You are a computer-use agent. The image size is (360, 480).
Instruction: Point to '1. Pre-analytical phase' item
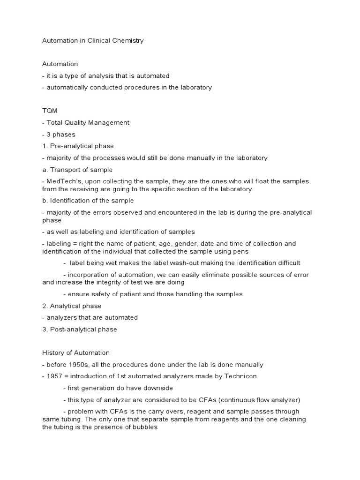pyautogui.click(x=78, y=146)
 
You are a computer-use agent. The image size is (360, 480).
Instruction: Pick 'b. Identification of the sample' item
pyautogui.click(x=88, y=201)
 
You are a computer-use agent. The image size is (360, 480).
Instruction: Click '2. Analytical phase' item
pyautogui.click(x=72, y=306)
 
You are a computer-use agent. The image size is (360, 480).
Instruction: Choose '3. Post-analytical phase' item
pyautogui.click(x=80, y=329)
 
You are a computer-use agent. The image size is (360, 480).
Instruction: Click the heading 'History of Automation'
pyautogui.click(x=76, y=352)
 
